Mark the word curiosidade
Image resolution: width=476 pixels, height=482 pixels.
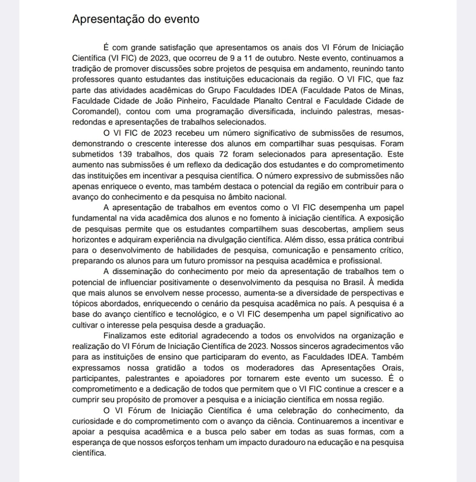(x=93, y=421)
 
